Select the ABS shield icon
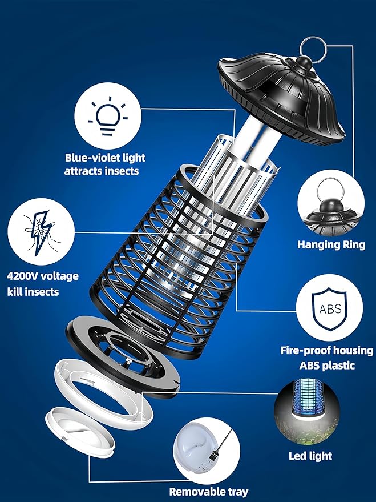coord(329,309)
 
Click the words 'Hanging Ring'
coord(331,245)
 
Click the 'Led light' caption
coord(310,456)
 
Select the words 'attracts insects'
coord(102,171)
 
